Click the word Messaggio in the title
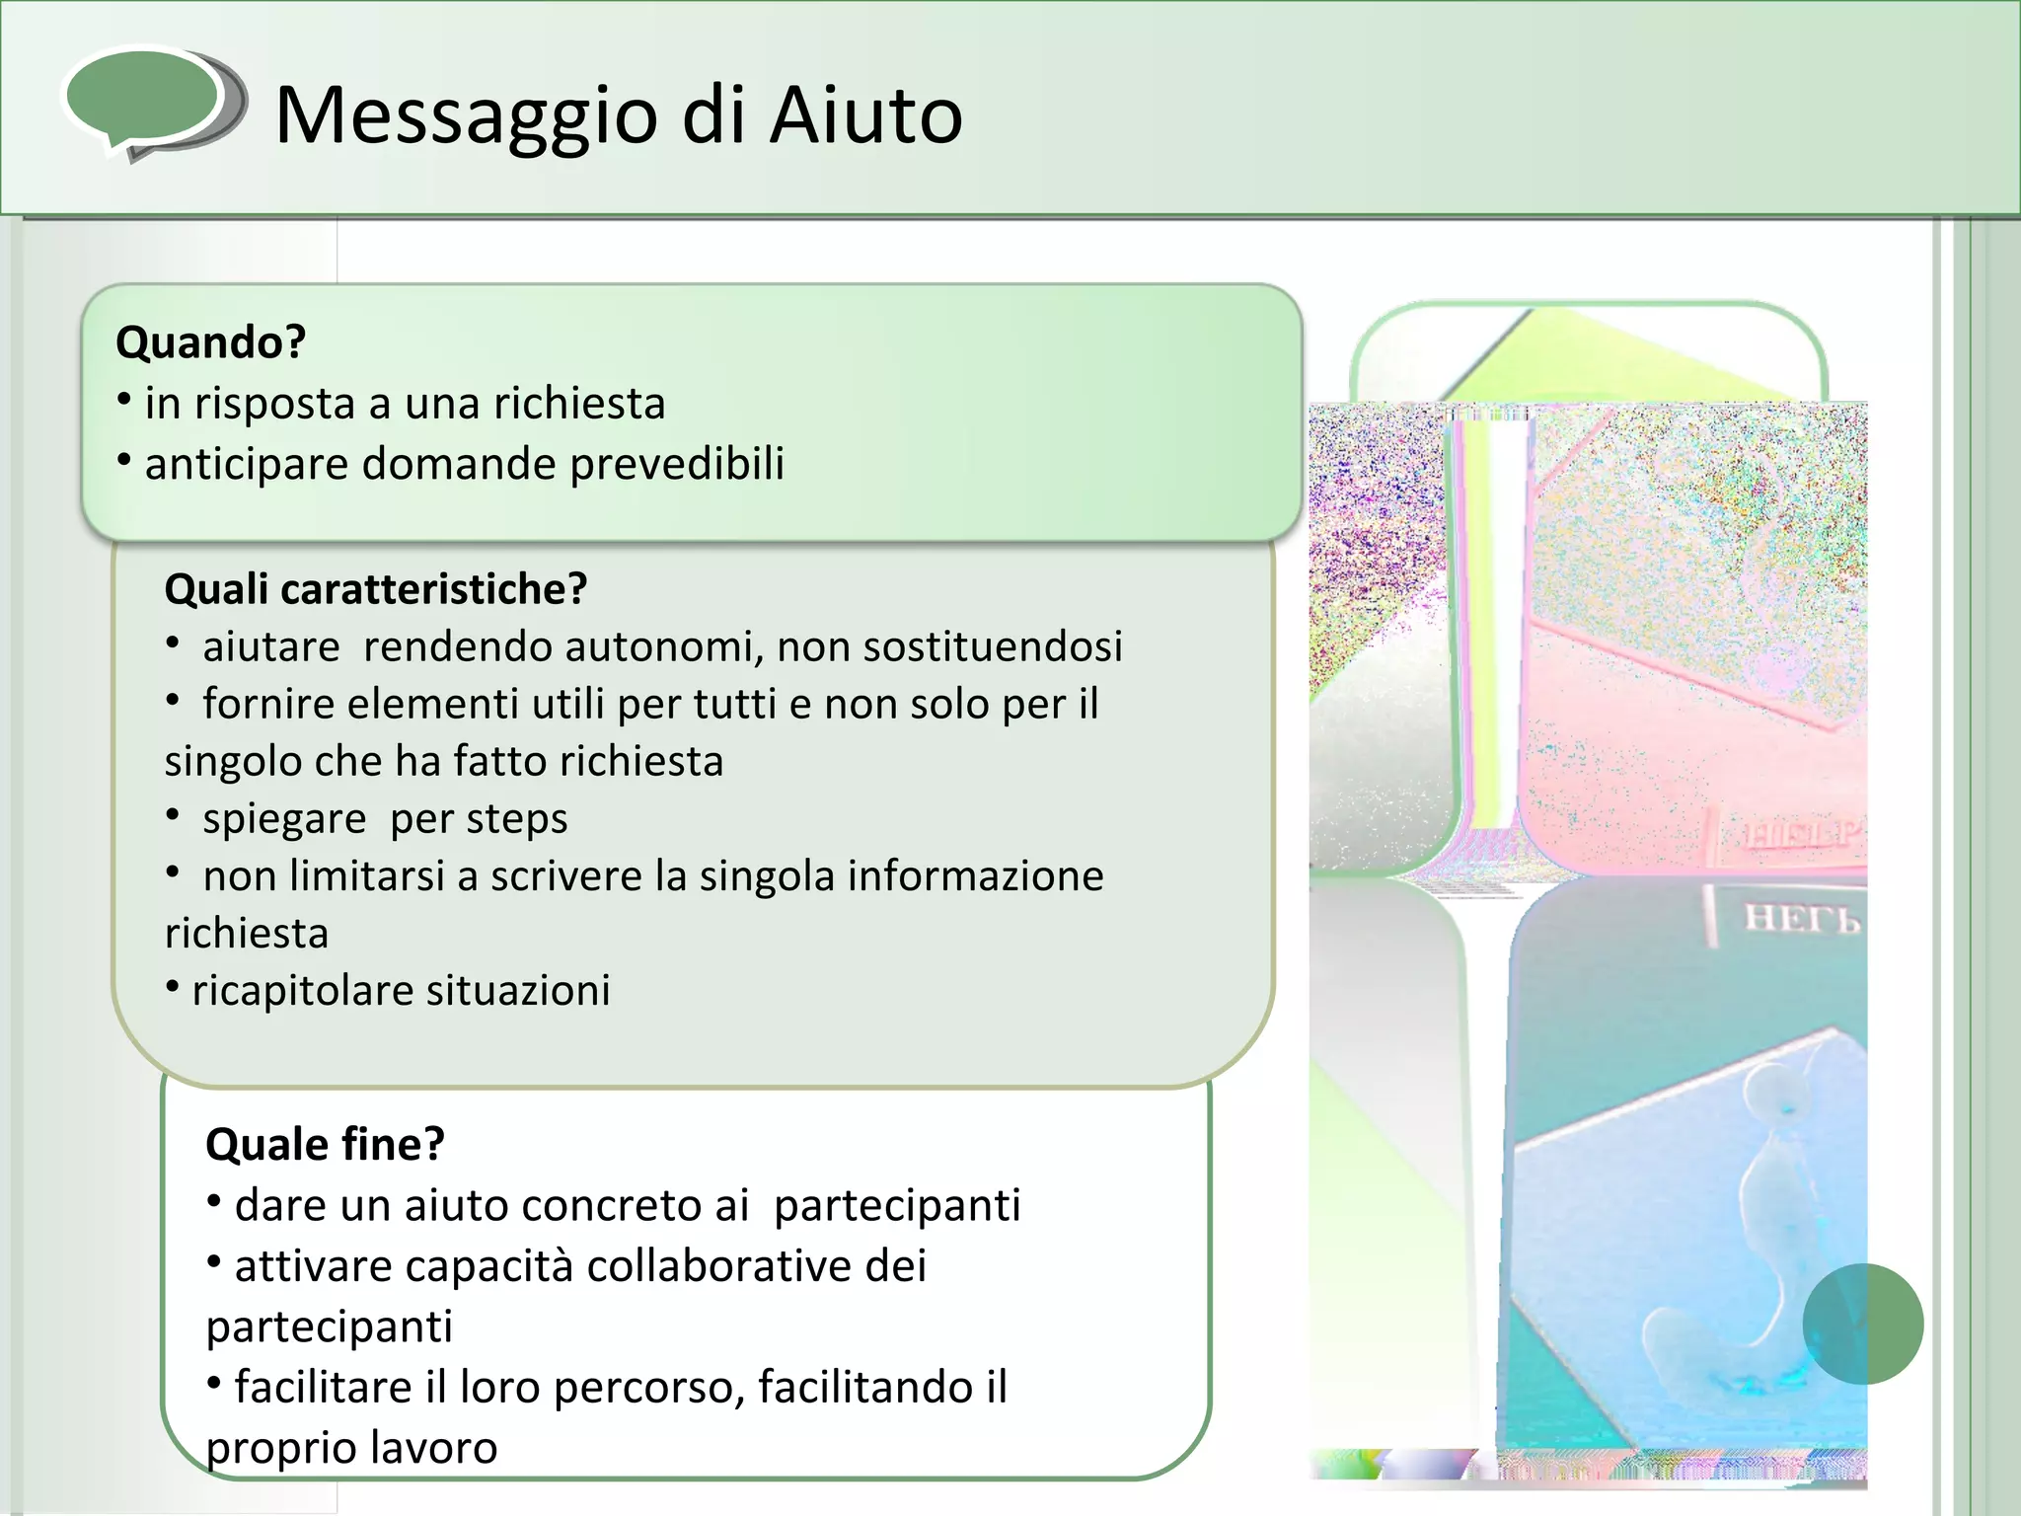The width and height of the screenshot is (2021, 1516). (x=466, y=116)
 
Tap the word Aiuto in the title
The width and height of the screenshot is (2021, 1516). (x=865, y=114)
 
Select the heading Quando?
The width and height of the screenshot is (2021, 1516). (x=210, y=342)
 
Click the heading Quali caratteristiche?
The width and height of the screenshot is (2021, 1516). (x=375, y=589)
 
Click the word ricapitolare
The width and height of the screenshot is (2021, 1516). (x=302, y=991)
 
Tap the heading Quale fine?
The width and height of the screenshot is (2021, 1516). (x=325, y=1145)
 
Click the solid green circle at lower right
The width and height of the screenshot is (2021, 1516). (x=1862, y=1324)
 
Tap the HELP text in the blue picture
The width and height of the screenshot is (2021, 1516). (x=1801, y=919)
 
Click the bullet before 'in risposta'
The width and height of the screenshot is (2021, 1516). (x=124, y=401)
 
